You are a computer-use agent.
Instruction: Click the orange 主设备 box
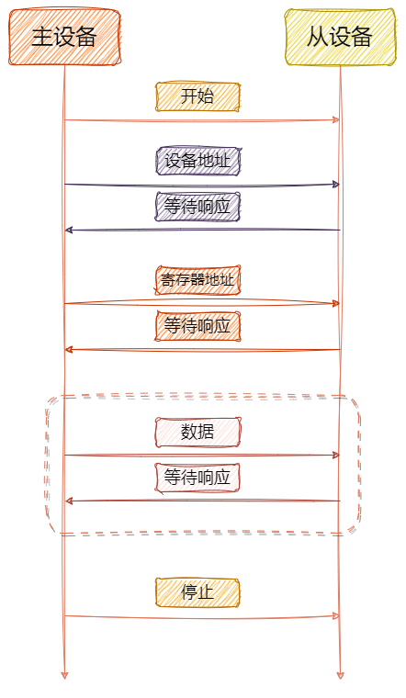(x=65, y=38)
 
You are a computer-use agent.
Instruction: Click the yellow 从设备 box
(x=341, y=38)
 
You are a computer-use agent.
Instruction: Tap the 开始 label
(x=198, y=97)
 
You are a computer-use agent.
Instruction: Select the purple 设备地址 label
(x=198, y=162)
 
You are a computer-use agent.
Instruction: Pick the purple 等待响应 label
(x=198, y=208)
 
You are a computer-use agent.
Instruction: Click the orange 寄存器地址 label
(x=198, y=280)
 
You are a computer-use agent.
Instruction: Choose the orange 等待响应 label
(x=198, y=326)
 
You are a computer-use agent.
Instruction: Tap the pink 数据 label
(x=198, y=432)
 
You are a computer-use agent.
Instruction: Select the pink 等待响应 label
(x=198, y=478)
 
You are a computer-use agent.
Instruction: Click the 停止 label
(x=198, y=592)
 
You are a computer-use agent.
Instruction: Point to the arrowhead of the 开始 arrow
(x=336, y=120)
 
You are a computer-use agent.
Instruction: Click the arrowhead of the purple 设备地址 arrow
(x=336, y=185)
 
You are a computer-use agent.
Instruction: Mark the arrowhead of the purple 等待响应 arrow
(x=69, y=230)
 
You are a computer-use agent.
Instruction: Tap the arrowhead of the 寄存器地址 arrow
(x=336, y=303)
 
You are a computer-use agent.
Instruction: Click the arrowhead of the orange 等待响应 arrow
(x=69, y=349)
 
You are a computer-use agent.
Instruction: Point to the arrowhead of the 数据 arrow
(x=336, y=455)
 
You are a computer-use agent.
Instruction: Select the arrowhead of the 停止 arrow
(x=336, y=615)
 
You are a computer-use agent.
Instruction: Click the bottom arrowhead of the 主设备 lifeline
(x=64, y=675)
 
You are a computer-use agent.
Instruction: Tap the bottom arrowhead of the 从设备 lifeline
(x=340, y=675)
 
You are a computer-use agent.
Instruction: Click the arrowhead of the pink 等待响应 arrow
(x=69, y=501)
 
